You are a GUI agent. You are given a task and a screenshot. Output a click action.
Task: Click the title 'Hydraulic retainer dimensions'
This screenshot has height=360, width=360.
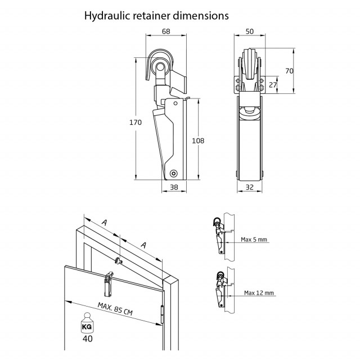[156, 15]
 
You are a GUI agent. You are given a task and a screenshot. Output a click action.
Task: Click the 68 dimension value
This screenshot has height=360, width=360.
[166, 31]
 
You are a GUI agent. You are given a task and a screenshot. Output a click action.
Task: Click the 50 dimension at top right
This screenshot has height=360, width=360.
[249, 31]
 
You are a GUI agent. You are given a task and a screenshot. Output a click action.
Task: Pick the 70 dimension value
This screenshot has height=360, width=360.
[289, 71]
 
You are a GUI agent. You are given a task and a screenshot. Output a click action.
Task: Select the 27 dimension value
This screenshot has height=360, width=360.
[273, 85]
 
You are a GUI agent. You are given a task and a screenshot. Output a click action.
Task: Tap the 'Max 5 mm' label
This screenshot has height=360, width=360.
[253, 240]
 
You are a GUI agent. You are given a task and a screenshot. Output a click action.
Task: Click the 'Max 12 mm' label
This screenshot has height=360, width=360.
[259, 293]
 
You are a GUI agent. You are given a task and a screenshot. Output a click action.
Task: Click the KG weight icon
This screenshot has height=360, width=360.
[87, 326]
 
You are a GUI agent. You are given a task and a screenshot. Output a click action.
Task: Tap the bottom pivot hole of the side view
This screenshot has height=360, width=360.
[174, 173]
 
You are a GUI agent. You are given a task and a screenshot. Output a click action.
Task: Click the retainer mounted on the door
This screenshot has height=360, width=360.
[109, 285]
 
